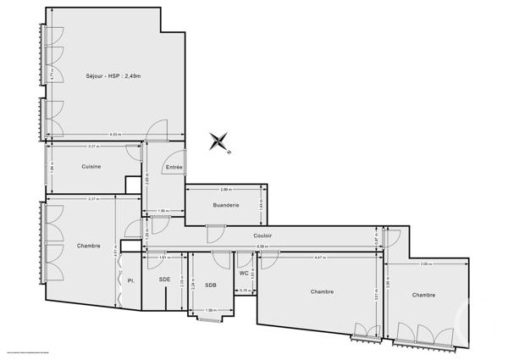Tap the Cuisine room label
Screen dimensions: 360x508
[91, 166]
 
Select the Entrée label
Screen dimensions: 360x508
[174, 167]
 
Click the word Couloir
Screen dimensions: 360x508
[262, 235]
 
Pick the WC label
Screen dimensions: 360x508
[244, 273]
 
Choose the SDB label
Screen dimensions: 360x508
[210, 285]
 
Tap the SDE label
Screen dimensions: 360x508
[164, 279]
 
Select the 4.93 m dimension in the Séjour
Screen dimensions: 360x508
[114, 135]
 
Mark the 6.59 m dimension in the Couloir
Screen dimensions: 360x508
[264, 246]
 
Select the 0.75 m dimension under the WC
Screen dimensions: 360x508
[244, 291]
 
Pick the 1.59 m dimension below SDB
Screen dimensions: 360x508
[211, 310]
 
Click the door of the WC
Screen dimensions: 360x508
[246, 258]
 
